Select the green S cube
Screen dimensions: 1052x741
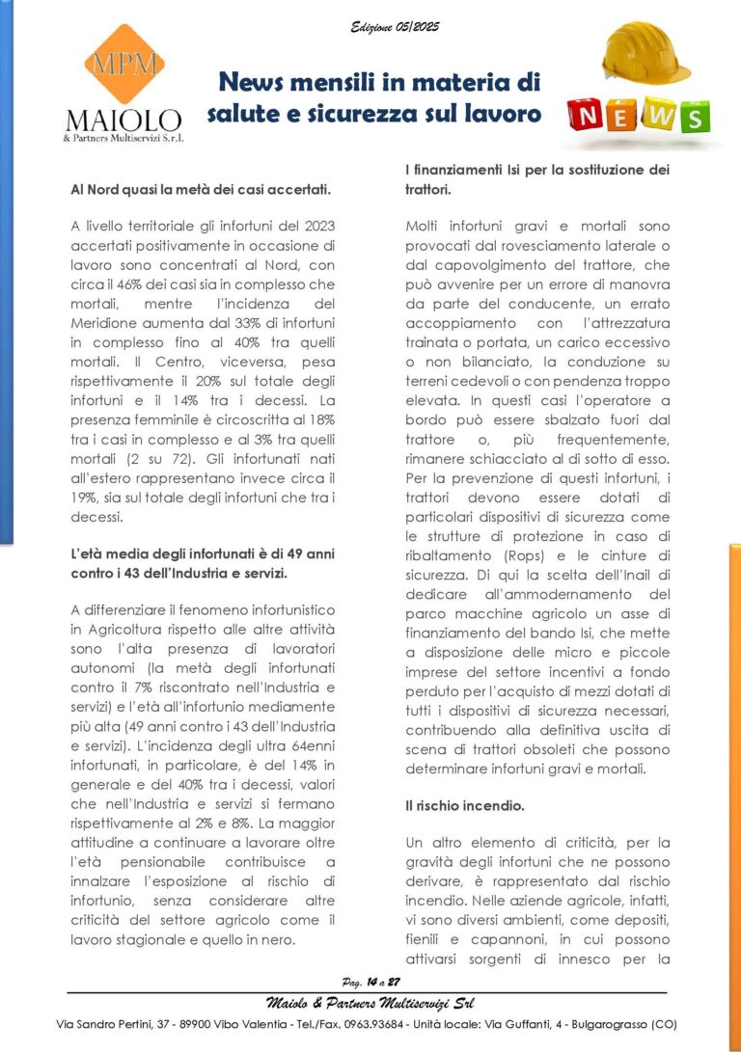[692, 116]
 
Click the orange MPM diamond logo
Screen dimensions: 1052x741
[123, 65]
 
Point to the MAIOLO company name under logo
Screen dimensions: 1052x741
[123, 121]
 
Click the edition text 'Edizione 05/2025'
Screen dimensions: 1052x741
[395, 27]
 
